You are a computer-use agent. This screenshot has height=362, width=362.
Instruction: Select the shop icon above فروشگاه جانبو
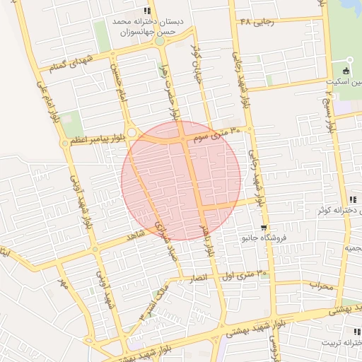pos(264,228)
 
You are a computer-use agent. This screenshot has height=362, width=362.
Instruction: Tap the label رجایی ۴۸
pos(256,22)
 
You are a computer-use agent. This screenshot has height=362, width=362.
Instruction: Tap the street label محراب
pos(320,285)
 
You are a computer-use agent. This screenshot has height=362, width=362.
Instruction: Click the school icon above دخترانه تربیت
pos(356,331)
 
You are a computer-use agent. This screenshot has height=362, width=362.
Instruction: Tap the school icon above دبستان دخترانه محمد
pos(147,11)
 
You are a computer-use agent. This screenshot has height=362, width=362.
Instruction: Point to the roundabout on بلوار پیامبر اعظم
pos(132,131)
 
